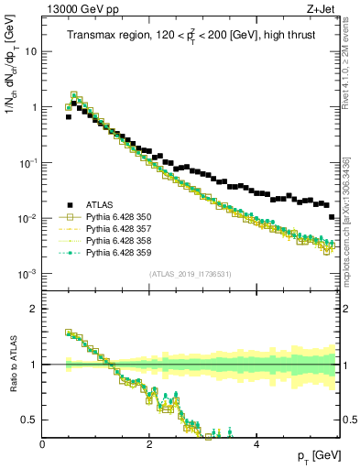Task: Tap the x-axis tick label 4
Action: tap(256, 443)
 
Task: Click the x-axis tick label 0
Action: tap(43, 443)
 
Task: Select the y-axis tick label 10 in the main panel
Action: tap(29, 51)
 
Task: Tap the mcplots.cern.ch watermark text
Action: tap(349, 211)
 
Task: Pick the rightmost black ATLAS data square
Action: tap(332, 217)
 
